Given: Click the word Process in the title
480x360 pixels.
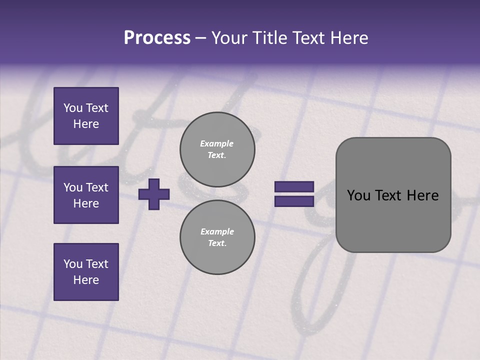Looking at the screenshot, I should click(157, 38).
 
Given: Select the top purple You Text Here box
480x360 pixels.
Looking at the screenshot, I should click(86, 116).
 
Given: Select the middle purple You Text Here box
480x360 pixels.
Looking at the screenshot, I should click(86, 195).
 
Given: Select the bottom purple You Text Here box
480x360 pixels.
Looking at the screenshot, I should click(86, 272).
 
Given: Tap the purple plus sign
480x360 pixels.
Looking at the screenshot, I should click(154, 194).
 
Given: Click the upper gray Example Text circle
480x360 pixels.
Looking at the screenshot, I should click(217, 149).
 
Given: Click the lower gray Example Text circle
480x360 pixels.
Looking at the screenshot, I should click(217, 237).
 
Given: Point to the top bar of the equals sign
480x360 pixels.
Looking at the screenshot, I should click(294, 187).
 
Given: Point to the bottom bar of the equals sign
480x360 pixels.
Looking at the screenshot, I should click(294, 201).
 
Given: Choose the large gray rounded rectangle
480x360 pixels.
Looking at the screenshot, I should click(393, 220).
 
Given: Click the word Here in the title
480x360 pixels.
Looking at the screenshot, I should click(348, 38).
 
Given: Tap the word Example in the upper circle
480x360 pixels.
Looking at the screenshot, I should click(217, 143).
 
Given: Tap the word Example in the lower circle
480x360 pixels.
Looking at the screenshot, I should click(217, 231).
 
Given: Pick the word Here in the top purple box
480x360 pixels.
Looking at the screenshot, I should click(86, 124).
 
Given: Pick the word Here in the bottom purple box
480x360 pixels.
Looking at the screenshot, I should click(86, 280).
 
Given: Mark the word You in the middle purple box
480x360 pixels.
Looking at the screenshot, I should click(72, 187).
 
